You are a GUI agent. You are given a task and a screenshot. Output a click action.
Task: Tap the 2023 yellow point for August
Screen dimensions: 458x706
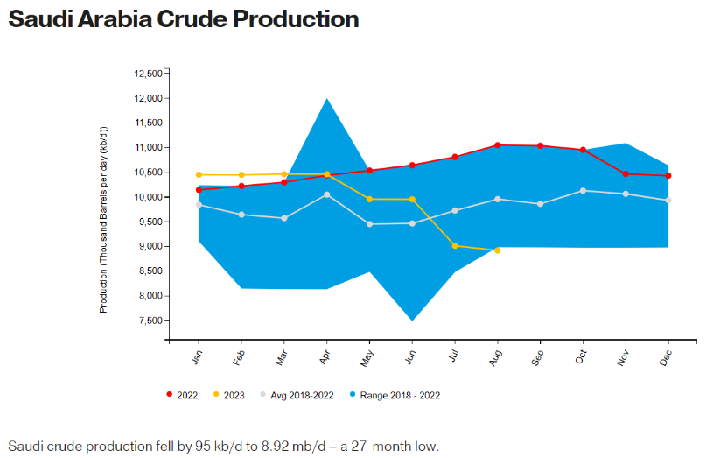[498, 250]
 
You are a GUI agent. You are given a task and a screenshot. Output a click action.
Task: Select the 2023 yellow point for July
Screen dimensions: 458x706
[455, 246]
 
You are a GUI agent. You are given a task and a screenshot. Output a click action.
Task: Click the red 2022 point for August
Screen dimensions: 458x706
[498, 145]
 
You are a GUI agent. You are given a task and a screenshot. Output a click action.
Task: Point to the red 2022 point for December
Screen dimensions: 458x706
[668, 176]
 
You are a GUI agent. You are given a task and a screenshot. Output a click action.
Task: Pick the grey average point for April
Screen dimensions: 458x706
[327, 194]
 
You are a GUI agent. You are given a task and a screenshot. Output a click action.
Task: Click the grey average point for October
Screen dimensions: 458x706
[583, 190]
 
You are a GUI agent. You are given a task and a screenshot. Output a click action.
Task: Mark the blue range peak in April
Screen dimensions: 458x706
[327, 100]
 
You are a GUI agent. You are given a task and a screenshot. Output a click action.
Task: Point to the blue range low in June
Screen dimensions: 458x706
[412, 319]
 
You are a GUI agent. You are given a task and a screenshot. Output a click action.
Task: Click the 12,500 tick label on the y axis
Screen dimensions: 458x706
[148, 74]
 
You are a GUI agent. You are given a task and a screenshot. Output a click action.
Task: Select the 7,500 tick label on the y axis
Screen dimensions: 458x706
[150, 321]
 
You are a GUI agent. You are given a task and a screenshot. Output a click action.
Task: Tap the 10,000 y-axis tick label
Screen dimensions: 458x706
[148, 197]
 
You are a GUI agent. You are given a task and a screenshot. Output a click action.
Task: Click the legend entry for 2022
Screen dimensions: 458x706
[183, 395]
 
